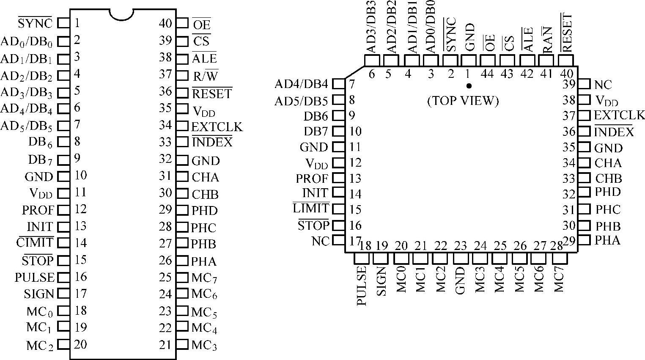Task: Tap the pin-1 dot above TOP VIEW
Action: tap(469, 86)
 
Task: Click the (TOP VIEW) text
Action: tap(463, 101)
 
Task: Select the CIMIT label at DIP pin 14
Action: tap(35, 243)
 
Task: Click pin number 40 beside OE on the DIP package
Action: tap(165, 23)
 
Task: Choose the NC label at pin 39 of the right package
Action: tap(603, 85)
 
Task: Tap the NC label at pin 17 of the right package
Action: tap(320, 241)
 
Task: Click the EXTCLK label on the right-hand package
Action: tap(619, 115)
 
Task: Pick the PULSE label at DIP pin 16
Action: tap(35, 277)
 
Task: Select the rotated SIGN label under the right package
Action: tap(381, 281)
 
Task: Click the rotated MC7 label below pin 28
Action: tap(559, 279)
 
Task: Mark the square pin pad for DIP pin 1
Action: tap(63, 23)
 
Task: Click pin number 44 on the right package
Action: tap(488, 74)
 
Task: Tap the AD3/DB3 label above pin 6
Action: tap(372, 27)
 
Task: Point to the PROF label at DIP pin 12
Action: tap(38, 210)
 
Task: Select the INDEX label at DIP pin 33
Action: tap(212, 142)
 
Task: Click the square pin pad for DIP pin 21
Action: tap(182, 344)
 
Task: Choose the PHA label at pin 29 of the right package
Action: tap(607, 240)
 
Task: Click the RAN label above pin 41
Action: tap(547, 40)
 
